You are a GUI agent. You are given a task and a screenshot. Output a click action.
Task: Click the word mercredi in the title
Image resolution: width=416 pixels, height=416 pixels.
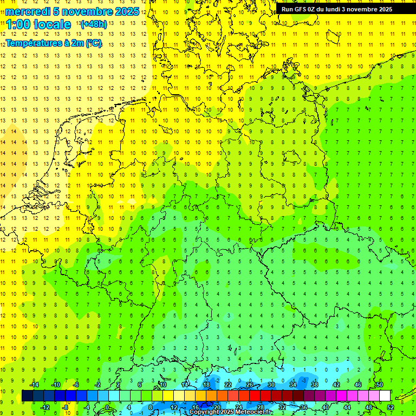28,11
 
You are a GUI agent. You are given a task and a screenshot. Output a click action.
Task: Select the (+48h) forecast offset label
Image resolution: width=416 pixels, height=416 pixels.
94,24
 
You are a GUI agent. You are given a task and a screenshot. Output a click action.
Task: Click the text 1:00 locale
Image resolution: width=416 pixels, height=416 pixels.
38,24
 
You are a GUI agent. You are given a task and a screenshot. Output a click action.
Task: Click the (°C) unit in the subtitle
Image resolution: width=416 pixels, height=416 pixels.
93,43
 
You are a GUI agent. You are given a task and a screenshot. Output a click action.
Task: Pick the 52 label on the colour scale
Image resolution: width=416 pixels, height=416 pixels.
391,407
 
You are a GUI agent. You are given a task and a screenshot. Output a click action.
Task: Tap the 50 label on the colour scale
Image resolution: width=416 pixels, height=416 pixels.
379,385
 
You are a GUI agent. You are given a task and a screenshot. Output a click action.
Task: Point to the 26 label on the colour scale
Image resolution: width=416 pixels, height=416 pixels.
249,385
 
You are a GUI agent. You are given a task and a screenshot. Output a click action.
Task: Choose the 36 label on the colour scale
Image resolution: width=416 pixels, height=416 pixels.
303,407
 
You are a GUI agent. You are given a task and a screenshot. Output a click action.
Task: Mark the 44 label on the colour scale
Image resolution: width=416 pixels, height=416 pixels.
347,407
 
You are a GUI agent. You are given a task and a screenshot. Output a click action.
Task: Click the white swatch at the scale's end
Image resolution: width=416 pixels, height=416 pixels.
385,396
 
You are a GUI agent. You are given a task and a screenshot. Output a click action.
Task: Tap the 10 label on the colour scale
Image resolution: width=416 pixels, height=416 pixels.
163,385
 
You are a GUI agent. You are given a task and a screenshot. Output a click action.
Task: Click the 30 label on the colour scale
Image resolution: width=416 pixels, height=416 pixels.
271,385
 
